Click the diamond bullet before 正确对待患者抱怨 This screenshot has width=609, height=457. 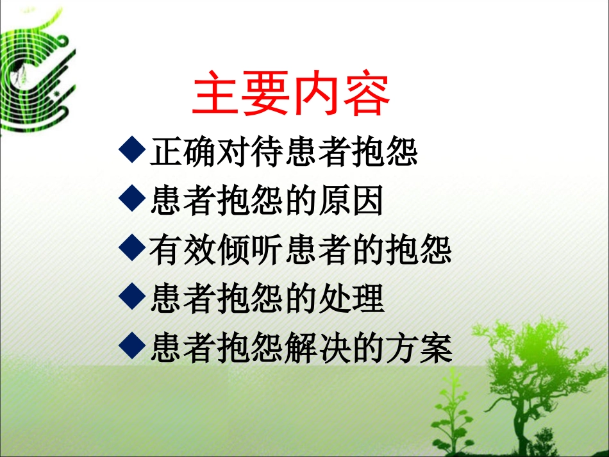pyautogui.click(x=132, y=152)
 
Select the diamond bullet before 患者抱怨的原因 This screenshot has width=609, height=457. pyautogui.click(x=132, y=200)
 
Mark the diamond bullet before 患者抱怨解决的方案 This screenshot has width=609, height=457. pyautogui.click(x=132, y=347)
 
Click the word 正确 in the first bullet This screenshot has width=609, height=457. pyautogui.click(x=183, y=153)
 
